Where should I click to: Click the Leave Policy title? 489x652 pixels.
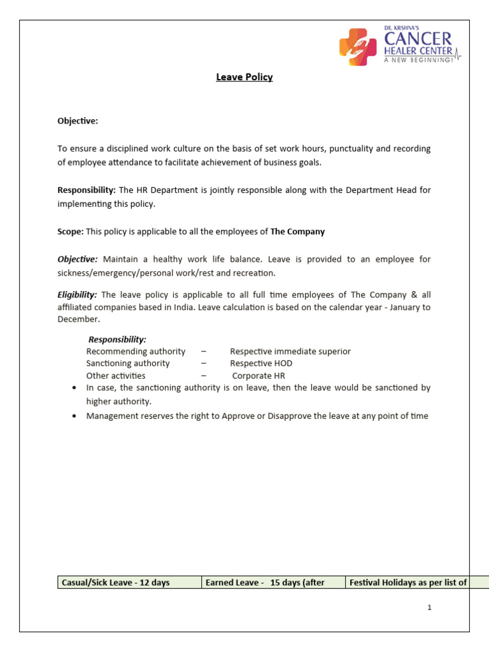pyautogui.click(x=244, y=77)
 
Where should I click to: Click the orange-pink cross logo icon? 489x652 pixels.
pyautogui.click(x=357, y=47)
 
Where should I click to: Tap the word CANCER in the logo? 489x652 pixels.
pyautogui.click(x=418, y=39)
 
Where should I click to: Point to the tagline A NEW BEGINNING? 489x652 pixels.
pyautogui.click(x=418, y=60)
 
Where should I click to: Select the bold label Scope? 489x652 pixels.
pyautogui.click(x=70, y=232)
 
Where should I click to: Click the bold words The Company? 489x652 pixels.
pyautogui.click(x=297, y=232)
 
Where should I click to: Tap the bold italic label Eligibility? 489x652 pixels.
pyautogui.click(x=77, y=295)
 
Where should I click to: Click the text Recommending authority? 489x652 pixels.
pyautogui.click(x=136, y=351)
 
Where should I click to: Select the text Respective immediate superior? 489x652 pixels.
pyautogui.click(x=290, y=351)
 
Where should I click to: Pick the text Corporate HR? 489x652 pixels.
pyautogui.click(x=259, y=376)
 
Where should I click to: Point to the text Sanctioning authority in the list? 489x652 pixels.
pyautogui.click(x=128, y=364)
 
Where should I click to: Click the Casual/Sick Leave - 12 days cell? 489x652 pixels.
pyautogui.click(x=129, y=583)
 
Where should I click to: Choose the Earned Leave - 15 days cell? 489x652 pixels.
pyautogui.click(x=273, y=583)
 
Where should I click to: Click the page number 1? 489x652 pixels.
pyautogui.click(x=430, y=607)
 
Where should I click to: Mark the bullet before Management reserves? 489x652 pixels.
pyautogui.click(x=76, y=416)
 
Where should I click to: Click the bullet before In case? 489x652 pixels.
pyautogui.click(x=76, y=388)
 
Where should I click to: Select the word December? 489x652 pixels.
pyautogui.click(x=79, y=319)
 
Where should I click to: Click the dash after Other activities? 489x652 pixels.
pyautogui.click(x=203, y=376)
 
